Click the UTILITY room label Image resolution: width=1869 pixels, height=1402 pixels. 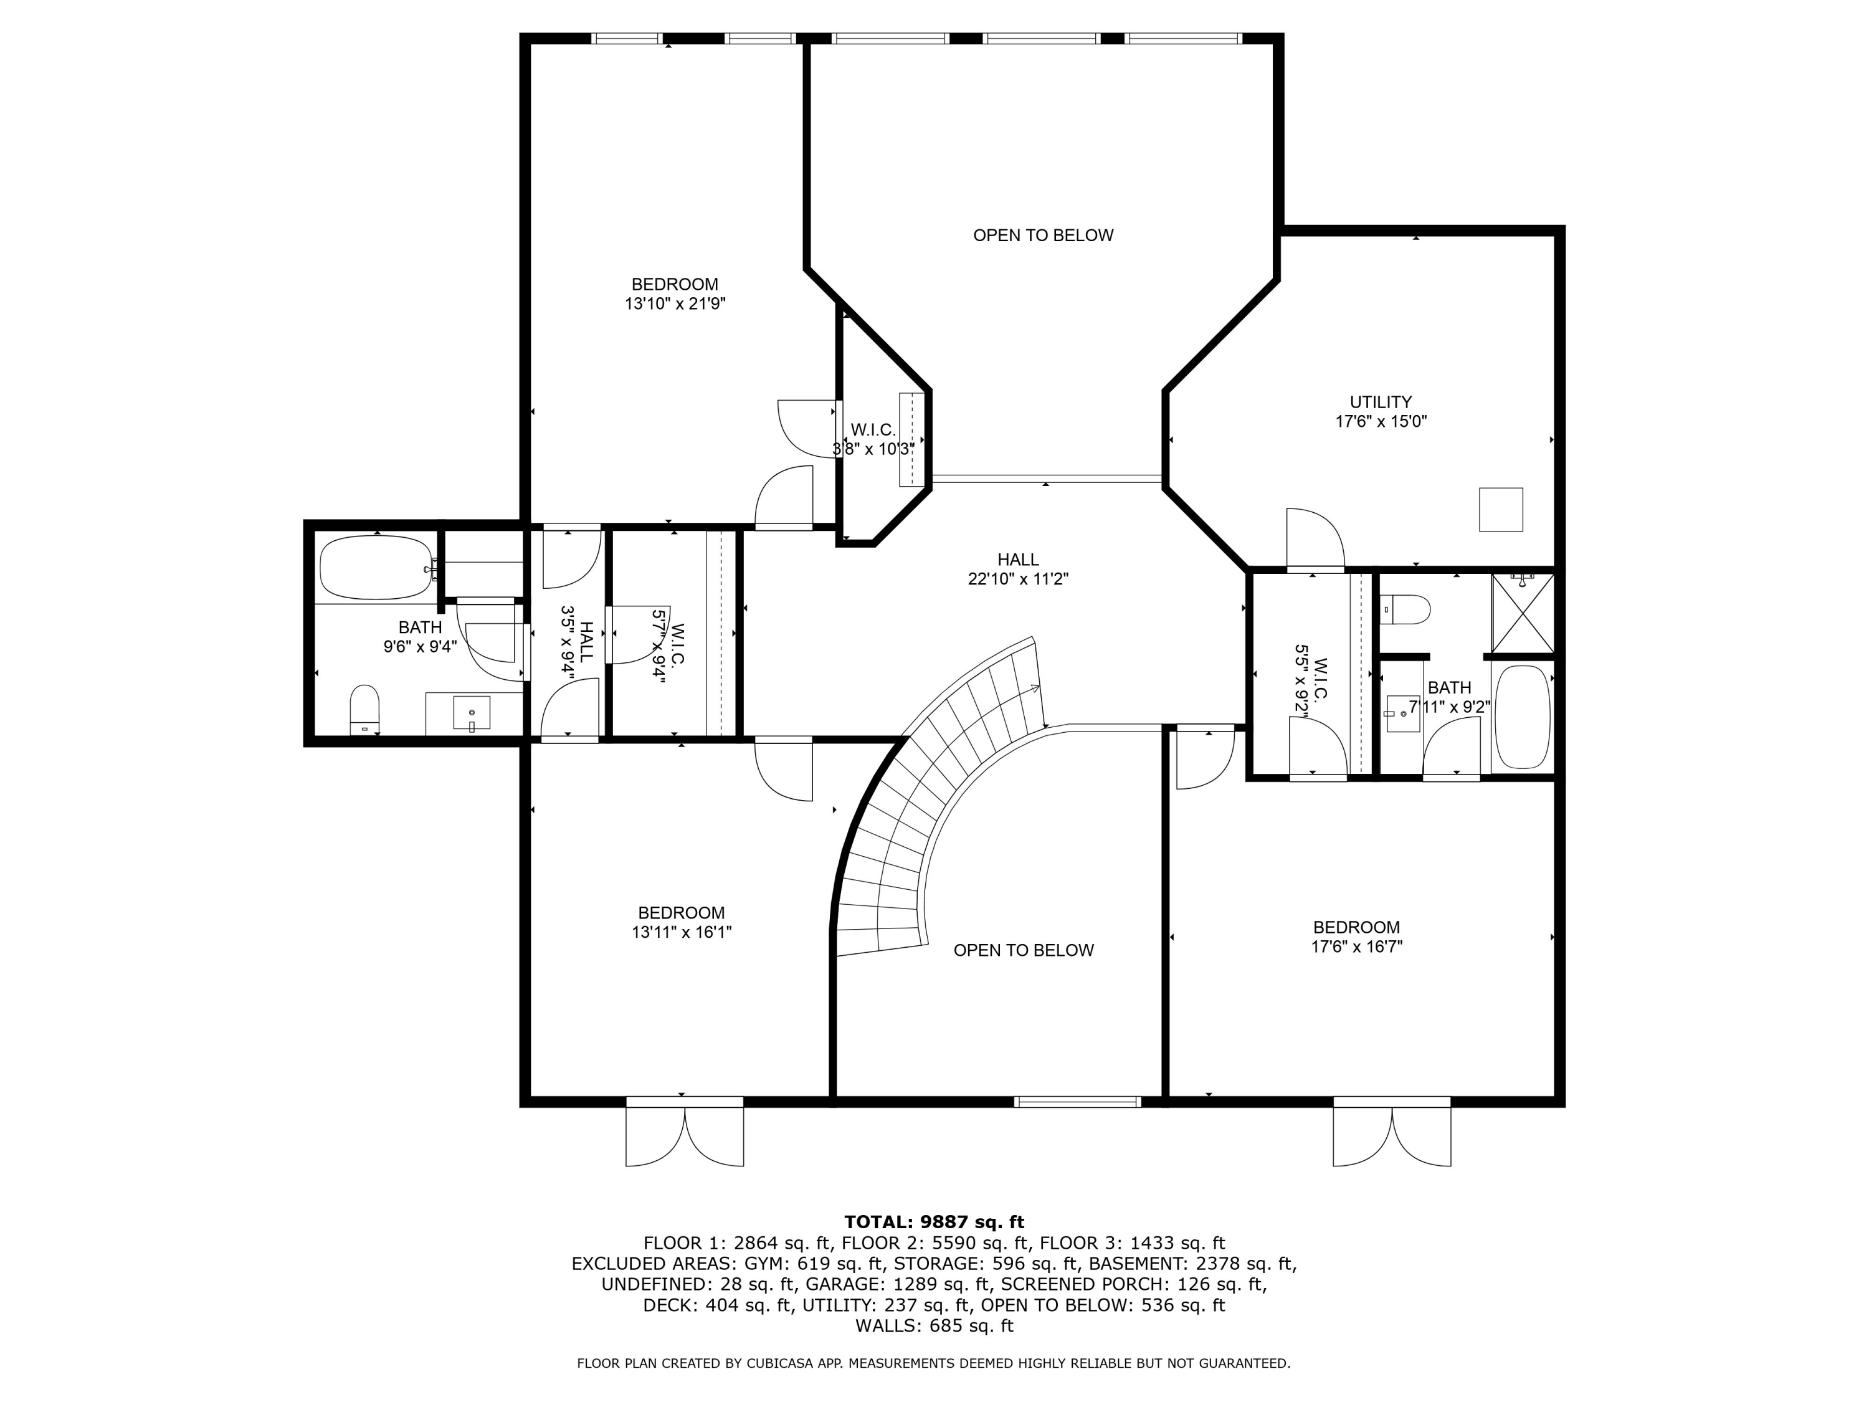click(x=1380, y=403)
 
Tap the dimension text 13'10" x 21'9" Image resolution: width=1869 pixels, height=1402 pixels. click(x=675, y=304)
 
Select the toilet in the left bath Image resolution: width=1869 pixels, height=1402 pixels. click(x=364, y=709)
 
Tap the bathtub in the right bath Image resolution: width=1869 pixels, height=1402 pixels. click(x=1523, y=717)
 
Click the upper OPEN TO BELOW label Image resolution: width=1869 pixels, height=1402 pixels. click(x=1043, y=236)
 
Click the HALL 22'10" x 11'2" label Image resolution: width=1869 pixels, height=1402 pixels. click(x=1017, y=570)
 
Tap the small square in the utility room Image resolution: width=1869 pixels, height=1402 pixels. click(x=1501, y=510)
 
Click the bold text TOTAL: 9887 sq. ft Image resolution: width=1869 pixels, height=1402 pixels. click(x=934, y=1222)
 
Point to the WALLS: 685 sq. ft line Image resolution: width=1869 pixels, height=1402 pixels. click(x=934, y=1326)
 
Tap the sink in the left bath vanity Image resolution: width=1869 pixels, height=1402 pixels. click(x=472, y=712)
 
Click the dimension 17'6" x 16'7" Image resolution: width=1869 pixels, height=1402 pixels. click(x=1356, y=947)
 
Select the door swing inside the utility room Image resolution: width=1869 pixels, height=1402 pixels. click(x=1315, y=538)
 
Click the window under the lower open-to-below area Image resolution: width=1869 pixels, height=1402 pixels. click(x=1077, y=1101)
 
